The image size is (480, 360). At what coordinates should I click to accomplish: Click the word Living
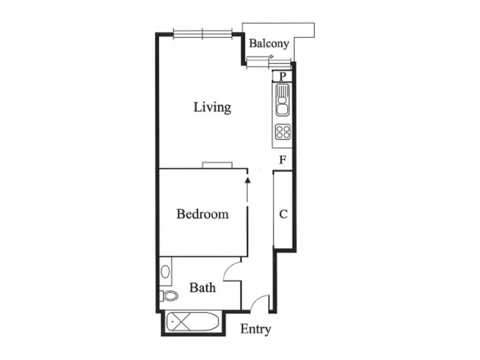click(x=212, y=107)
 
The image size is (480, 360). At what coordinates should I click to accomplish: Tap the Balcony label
click(x=269, y=44)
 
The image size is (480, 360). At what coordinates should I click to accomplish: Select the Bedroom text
click(x=202, y=214)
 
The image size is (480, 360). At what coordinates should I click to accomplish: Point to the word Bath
click(x=202, y=288)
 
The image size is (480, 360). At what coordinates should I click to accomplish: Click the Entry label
click(x=256, y=329)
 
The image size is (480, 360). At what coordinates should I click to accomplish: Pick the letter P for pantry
click(x=282, y=76)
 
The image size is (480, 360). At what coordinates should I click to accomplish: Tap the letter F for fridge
click(x=282, y=160)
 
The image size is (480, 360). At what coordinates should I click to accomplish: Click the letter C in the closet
click(x=283, y=214)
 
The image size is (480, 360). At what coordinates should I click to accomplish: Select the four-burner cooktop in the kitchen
click(x=283, y=131)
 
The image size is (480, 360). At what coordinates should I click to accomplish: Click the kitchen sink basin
click(x=282, y=109)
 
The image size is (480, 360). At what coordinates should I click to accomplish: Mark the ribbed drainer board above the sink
click(x=282, y=94)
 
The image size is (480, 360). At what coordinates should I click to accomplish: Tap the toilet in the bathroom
click(x=169, y=295)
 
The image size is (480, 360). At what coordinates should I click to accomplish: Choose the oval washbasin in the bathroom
click(x=165, y=271)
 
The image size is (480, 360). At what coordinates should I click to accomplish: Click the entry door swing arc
click(x=259, y=304)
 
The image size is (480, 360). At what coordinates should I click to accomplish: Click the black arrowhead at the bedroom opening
click(x=247, y=176)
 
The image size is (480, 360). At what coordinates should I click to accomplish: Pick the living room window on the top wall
click(x=202, y=34)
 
